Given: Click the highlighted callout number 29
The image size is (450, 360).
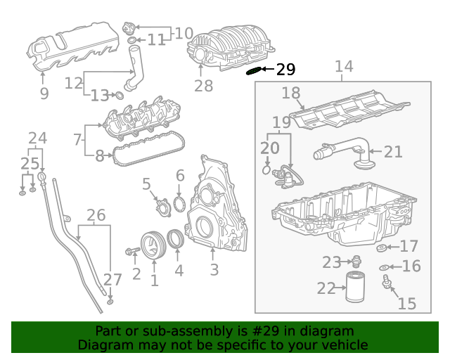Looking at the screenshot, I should coord(285,69).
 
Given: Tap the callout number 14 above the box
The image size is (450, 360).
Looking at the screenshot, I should coord(343,67).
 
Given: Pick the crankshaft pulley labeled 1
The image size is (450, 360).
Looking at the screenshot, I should coord(151,244).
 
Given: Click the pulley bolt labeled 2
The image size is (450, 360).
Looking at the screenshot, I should coord(133,251).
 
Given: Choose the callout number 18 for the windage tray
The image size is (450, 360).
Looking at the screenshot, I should coord(291,93).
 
